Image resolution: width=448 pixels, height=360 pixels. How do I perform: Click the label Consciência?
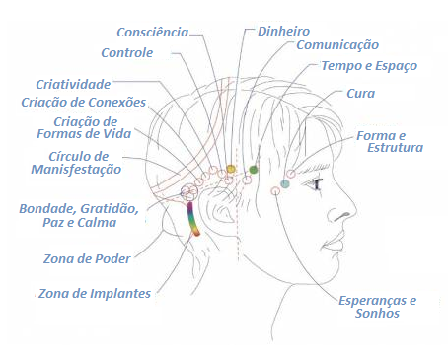[x=152, y=32]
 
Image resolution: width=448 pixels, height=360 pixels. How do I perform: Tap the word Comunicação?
[x=337, y=45]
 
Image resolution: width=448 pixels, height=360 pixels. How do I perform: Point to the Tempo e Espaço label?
[x=369, y=66]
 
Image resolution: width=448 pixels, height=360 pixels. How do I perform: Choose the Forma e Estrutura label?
[x=391, y=140]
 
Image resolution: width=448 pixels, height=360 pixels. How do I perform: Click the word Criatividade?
[x=74, y=84]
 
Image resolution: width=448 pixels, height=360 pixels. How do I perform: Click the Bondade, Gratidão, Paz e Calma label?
[x=78, y=215]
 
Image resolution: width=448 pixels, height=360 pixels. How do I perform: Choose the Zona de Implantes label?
[x=95, y=293]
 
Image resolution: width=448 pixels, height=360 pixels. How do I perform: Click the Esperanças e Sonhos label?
[x=378, y=306]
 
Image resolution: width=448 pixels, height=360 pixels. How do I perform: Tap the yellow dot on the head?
[x=231, y=169]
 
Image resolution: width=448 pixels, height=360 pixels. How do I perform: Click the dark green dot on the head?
[x=254, y=170]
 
